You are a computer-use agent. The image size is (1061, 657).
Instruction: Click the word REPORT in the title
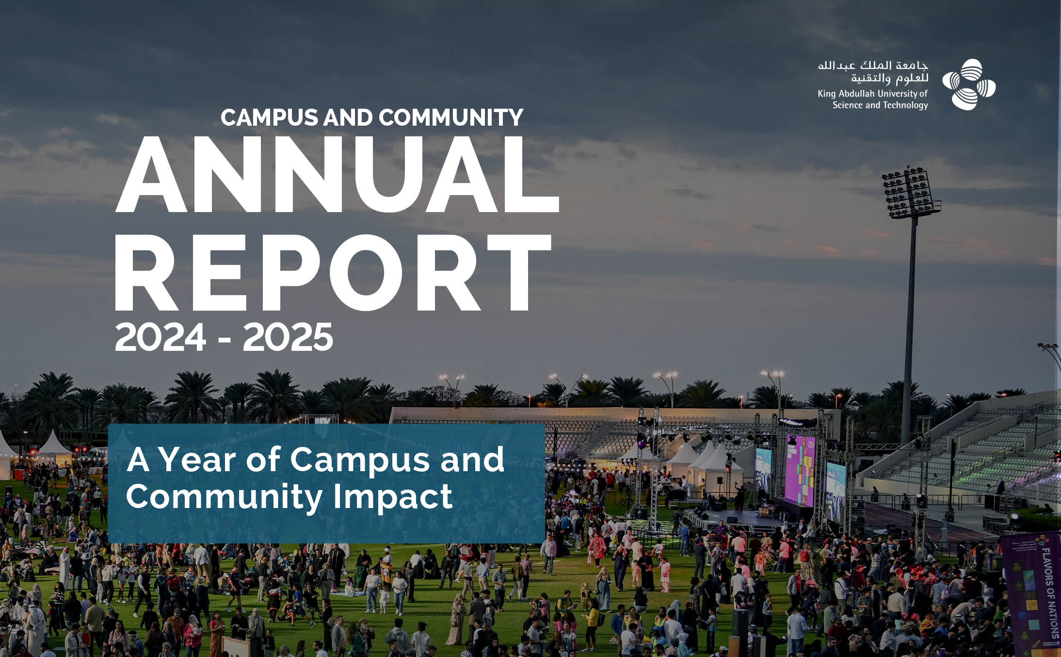pyautogui.click(x=333, y=273)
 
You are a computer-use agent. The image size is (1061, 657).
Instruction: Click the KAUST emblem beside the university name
pyautogui.click(x=969, y=84)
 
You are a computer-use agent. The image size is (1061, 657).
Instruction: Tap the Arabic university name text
pyautogui.click(x=873, y=72)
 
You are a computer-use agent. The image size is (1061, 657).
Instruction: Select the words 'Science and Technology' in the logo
pyautogui.click(x=880, y=105)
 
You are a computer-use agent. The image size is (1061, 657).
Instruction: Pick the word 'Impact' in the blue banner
pyautogui.click(x=393, y=497)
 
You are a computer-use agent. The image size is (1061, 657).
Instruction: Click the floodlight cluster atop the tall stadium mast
pyautogui.click(x=910, y=193)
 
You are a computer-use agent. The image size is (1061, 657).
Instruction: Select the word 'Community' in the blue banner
pyautogui.click(x=224, y=497)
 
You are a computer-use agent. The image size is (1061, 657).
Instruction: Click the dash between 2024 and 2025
pyautogui.click(x=225, y=339)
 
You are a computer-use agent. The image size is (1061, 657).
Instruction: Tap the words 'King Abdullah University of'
pyautogui.click(x=873, y=93)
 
